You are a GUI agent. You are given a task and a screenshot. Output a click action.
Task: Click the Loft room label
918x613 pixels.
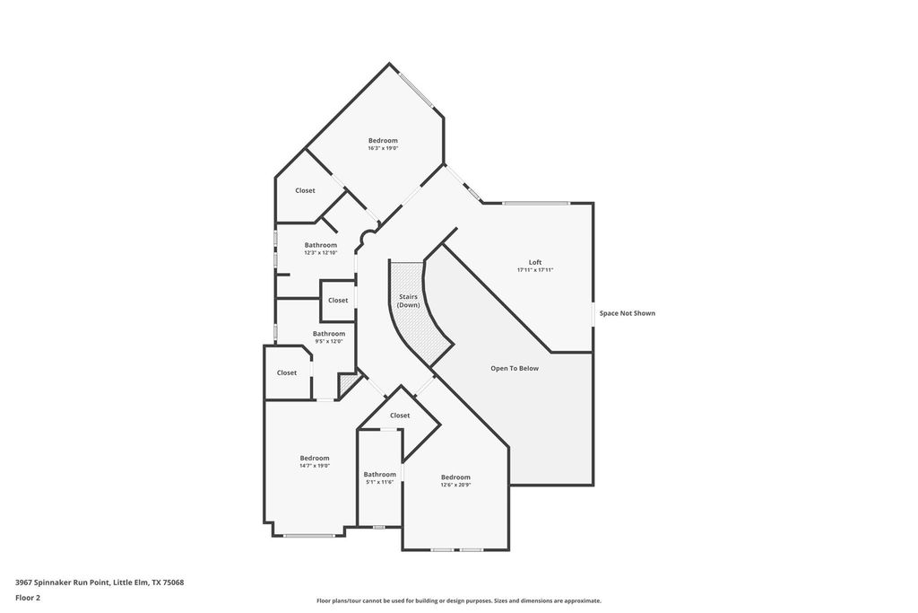point(535,263)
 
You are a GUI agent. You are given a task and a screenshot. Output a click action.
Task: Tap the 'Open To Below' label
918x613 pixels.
point(515,369)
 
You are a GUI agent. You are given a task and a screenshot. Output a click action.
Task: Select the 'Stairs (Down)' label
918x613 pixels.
point(408,302)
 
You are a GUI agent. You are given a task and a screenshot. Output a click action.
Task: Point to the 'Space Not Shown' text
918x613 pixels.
point(627,313)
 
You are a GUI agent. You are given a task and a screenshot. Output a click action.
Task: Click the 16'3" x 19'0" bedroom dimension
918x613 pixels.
point(383,148)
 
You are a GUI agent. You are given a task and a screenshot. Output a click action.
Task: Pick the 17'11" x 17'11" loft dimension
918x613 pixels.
point(535,270)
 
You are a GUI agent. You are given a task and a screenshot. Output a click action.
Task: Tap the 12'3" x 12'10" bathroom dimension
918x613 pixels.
point(321,252)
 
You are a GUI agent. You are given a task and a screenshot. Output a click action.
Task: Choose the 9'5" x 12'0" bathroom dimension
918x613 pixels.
point(329,341)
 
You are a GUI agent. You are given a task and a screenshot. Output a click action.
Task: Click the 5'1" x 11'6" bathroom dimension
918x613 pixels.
point(380,482)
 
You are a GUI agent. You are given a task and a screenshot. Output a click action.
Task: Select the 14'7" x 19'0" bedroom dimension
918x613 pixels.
point(315,465)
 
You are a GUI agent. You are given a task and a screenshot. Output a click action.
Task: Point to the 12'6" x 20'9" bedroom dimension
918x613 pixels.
point(455,485)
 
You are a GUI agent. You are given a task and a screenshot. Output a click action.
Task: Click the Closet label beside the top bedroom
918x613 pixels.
point(305,190)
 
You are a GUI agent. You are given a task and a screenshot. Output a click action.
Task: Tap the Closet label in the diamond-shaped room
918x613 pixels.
point(400,416)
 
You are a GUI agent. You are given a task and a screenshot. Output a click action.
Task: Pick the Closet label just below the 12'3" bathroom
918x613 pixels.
point(338,301)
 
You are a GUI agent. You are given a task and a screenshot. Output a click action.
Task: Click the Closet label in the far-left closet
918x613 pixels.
point(287,372)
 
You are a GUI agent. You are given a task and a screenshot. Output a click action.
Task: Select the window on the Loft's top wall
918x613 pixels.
point(536,204)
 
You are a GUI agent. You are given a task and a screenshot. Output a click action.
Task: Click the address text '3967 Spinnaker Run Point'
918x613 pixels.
point(62,582)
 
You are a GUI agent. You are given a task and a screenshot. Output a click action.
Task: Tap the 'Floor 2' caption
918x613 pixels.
point(28,599)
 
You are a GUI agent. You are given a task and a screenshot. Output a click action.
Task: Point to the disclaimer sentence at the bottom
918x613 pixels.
point(459,600)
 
